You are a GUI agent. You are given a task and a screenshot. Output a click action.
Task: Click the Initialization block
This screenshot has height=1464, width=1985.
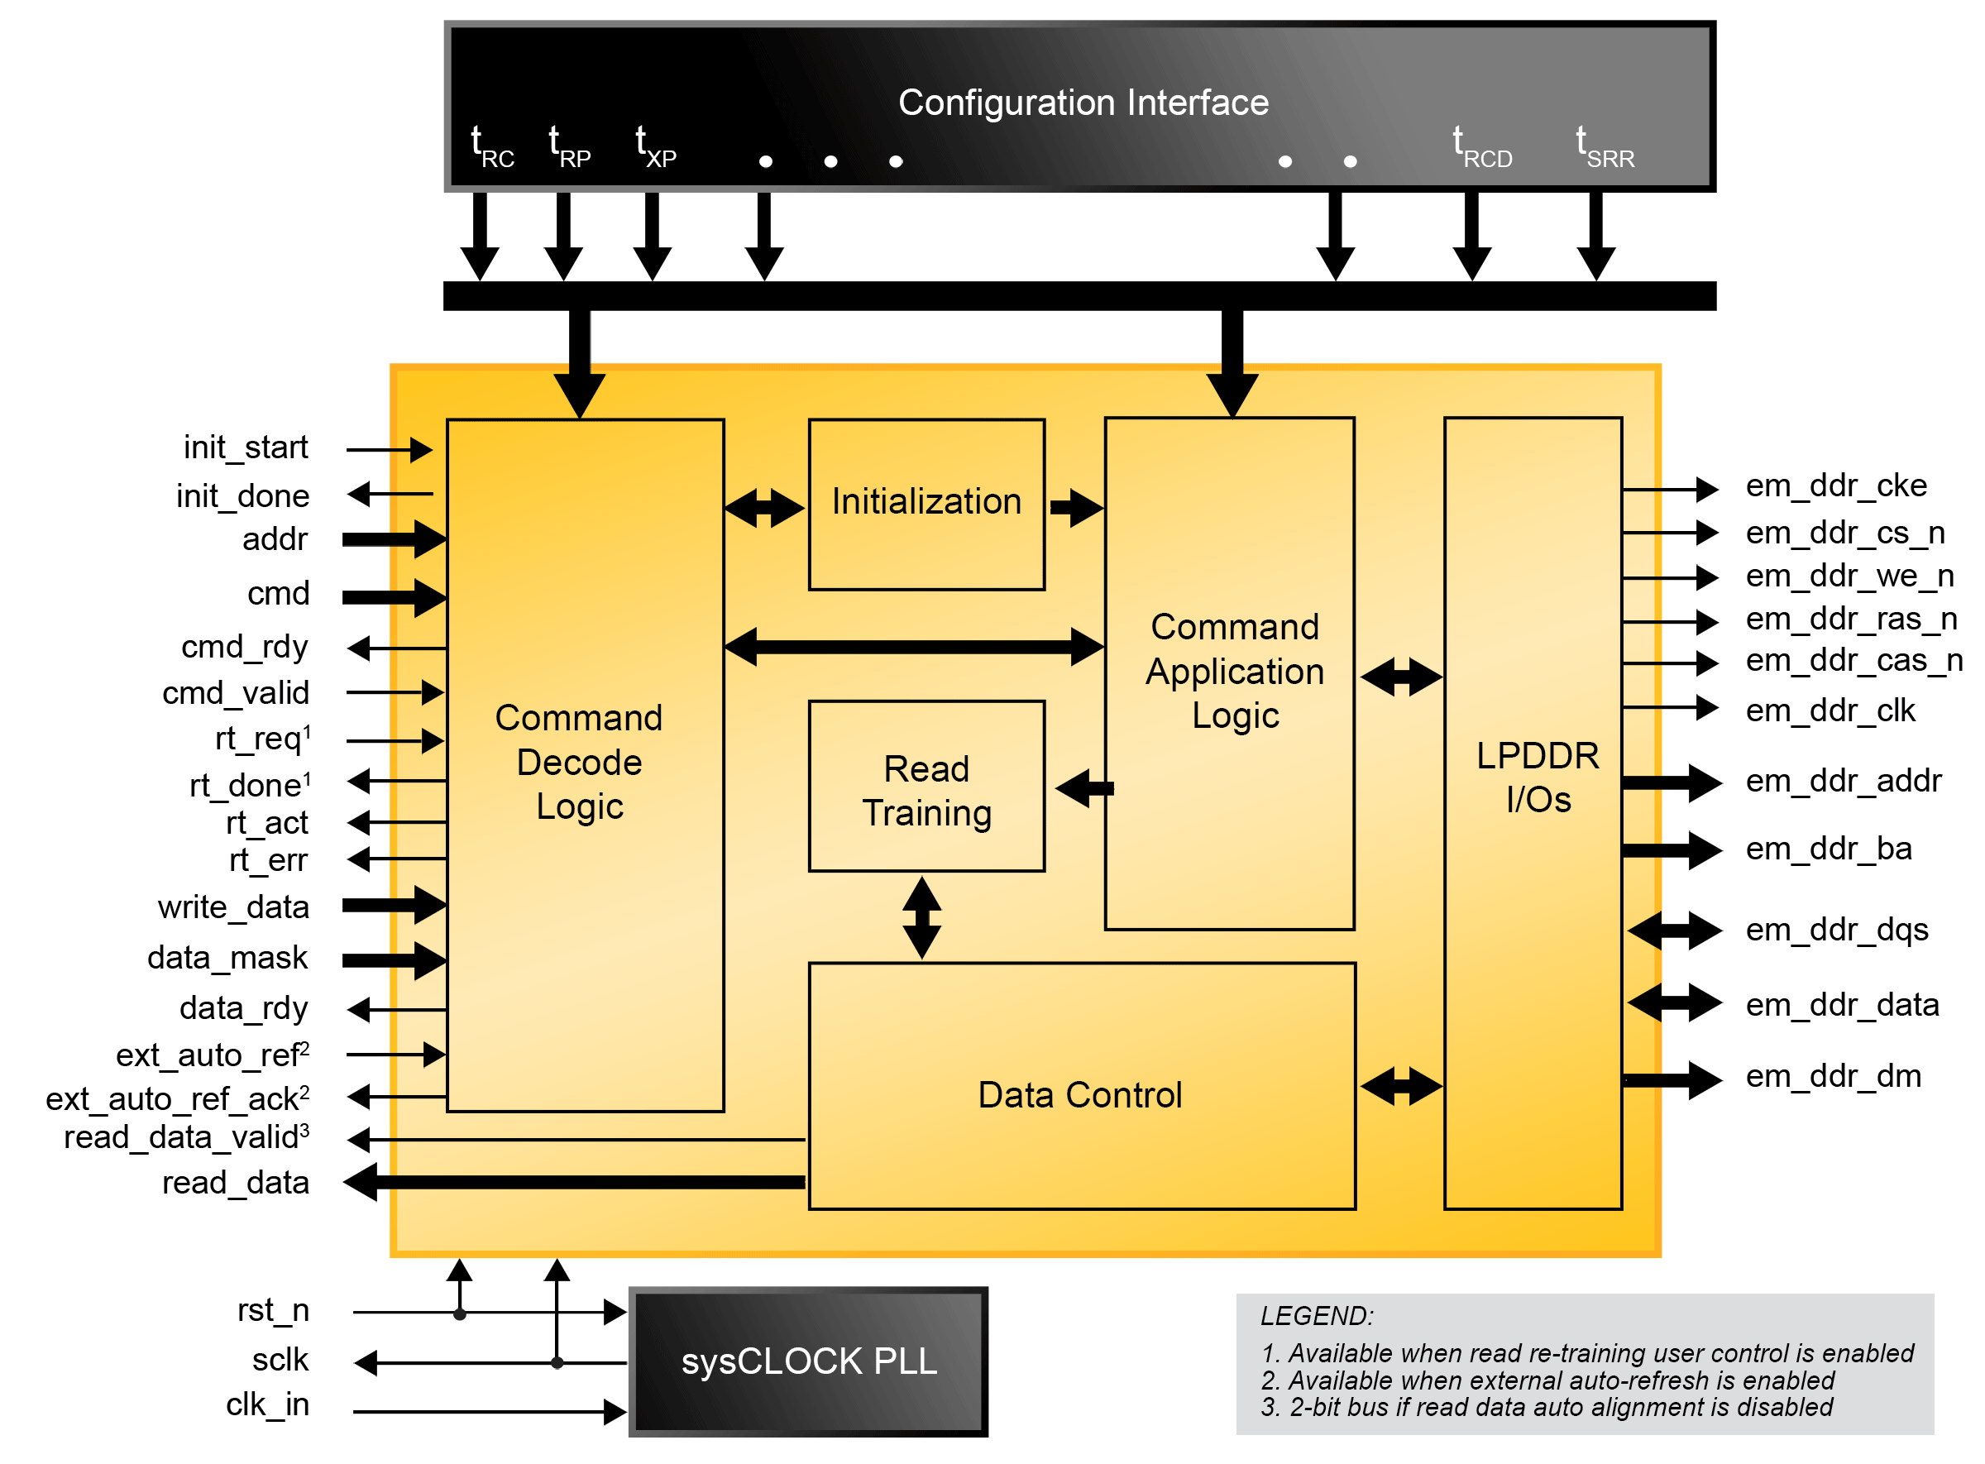[926, 504]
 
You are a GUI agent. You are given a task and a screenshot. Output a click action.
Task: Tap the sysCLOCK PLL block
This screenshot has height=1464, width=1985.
[808, 1362]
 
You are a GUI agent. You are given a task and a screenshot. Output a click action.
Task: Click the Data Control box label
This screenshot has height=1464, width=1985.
[1079, 1095]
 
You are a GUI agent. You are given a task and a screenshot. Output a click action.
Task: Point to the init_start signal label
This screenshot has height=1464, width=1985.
[246, 447]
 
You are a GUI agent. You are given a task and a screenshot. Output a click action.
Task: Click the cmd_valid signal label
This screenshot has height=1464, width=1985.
[236, 693]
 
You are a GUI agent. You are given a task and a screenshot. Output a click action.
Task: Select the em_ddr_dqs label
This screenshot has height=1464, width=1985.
[1836, 931]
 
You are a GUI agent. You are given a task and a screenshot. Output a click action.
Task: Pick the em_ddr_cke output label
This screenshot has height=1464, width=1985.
[1836, 486]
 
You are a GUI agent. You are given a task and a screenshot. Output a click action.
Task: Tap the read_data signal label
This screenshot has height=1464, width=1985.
[236, 1183]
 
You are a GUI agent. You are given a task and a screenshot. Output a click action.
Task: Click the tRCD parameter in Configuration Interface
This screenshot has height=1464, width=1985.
[1481, 147]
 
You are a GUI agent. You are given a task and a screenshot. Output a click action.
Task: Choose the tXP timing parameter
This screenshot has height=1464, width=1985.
[656, 147]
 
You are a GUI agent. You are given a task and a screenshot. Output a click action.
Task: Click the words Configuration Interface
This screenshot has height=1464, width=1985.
[1083, 103]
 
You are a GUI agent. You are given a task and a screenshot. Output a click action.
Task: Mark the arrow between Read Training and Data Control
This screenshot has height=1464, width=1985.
[921, 917]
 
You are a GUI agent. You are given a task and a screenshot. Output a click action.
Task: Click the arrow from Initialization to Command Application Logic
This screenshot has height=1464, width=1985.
[1076, 508]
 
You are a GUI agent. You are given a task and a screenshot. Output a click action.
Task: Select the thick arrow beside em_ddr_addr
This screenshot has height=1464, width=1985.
[1672, 782]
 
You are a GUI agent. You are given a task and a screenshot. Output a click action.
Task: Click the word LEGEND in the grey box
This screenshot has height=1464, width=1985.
[1316, 1316]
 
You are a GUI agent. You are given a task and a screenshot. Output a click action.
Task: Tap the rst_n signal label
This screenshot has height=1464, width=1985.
[273, 1311]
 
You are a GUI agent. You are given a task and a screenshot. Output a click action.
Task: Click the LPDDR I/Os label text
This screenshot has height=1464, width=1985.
[1538, 778]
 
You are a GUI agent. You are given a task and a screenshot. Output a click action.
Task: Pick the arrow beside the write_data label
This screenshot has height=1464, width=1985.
[395, 905]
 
